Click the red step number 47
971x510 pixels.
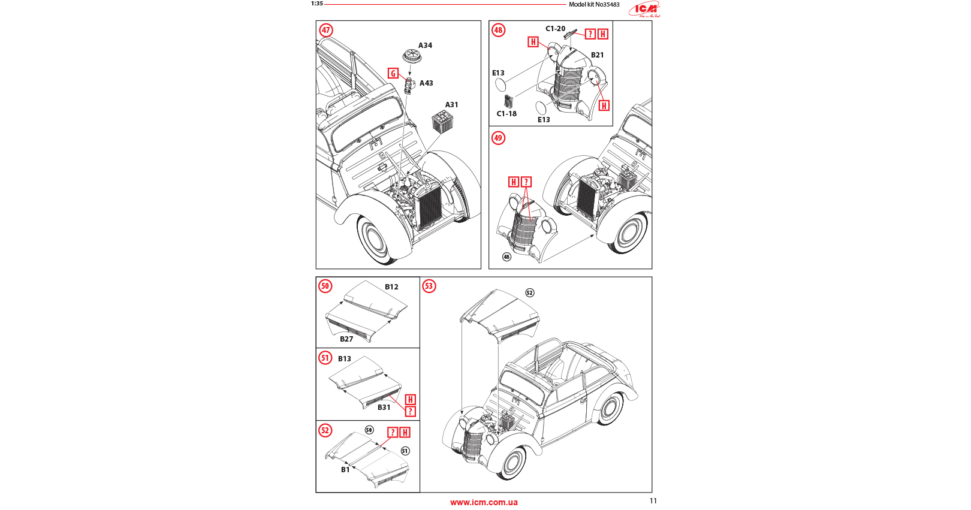pos(326,30)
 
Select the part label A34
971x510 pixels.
pos(425,46)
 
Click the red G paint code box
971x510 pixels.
pos(393,73)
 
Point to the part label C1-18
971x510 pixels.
pos(506,114)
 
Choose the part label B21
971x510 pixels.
pos(598,55)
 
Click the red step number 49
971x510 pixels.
pos(498,138)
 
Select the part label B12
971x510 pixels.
pos(391,287)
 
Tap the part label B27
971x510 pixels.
pos(346,339)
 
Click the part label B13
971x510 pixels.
pos(345,359)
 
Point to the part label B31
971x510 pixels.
pos(384,408)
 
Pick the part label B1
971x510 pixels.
pos(345,470)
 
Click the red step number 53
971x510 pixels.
pos(429,286)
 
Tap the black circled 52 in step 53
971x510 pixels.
pos(529,293)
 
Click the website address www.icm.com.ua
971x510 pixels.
pos(484,502)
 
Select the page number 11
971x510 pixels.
pos(653,501)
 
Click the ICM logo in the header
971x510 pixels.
pos(646,9)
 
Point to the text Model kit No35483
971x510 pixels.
pos(594,5)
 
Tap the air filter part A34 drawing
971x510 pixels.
pos(411,56)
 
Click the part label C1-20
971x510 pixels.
pos(555,29)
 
